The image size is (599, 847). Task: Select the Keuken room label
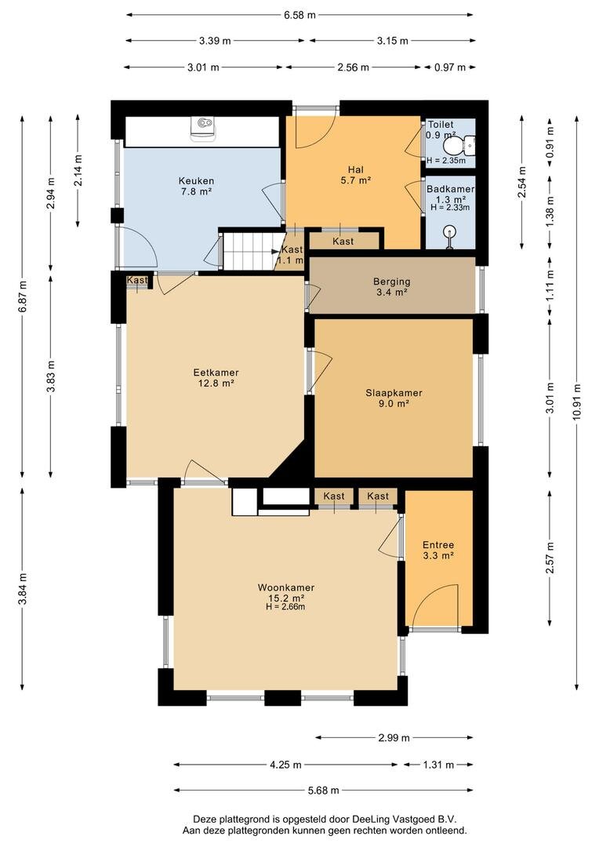pos(196,186)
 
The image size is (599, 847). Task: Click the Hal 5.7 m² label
pos(355,175)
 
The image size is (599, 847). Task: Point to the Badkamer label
pos(450,189)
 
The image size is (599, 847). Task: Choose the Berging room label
pos(391,286)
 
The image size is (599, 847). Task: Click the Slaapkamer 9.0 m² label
pos(394,398)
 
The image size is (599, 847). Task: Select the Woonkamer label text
pos(285,587)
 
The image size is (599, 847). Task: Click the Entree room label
pos(438,550)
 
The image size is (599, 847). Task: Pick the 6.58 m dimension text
pos(299,15)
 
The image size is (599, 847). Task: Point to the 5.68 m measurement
pos(324,791)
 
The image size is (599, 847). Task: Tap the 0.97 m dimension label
pos(450,67)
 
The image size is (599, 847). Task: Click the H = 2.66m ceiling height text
pos(285,606)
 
